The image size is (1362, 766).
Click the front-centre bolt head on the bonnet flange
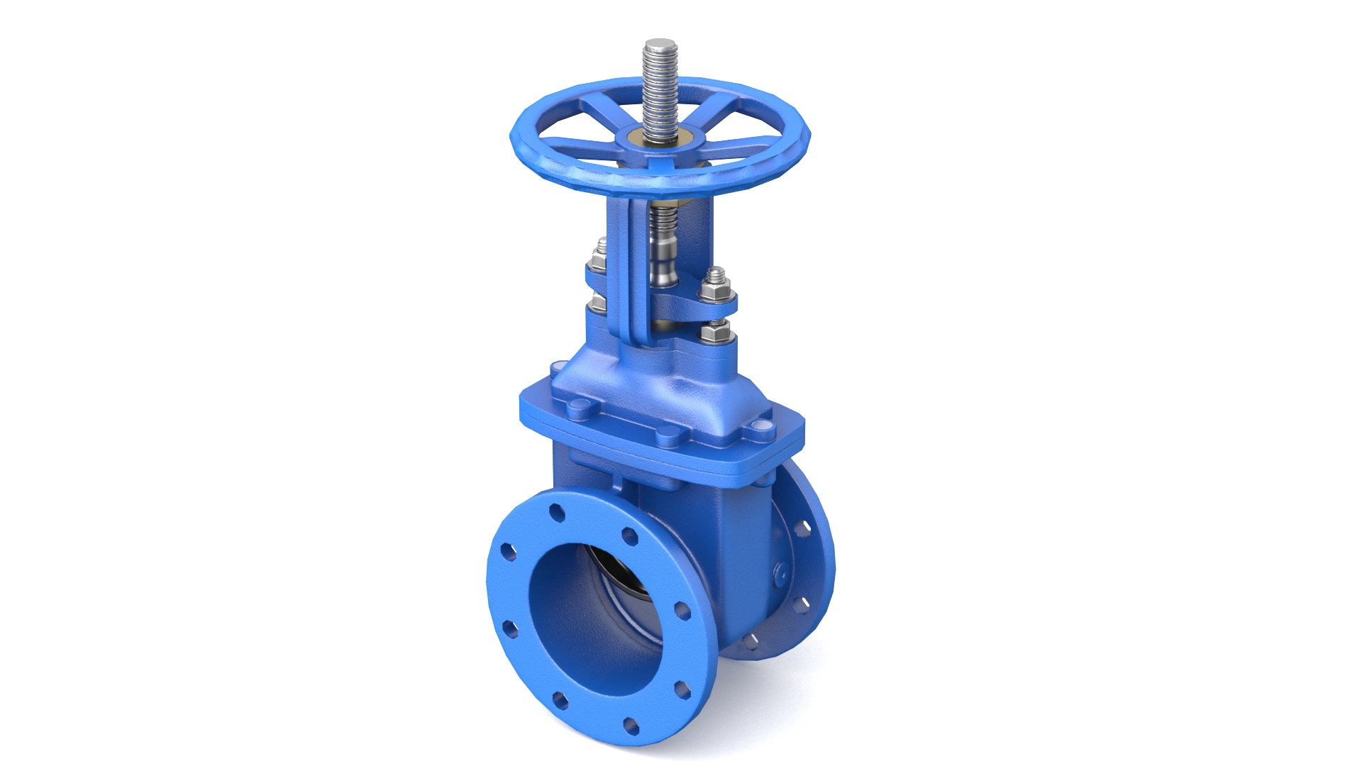coord(668,435)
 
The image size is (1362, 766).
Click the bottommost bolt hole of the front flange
coord(629,724)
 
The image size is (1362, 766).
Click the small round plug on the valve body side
coord(779,572)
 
